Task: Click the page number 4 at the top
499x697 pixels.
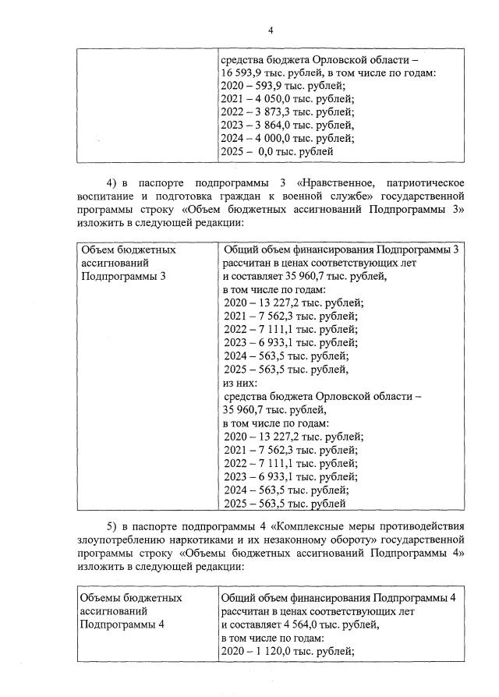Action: (x=270, y=30)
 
